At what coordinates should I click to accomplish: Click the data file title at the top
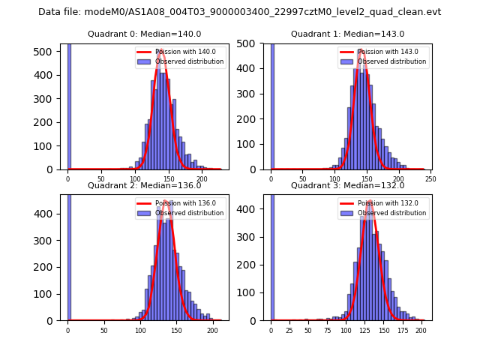point(239,12)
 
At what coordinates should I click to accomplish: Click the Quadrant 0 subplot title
point(145,34)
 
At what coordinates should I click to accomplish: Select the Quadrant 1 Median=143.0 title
point(347,34)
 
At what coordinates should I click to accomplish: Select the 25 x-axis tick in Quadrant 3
point(289,330)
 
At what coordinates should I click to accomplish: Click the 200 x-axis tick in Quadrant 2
point(212,330)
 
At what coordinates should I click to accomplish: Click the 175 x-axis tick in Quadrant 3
point(402,330)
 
